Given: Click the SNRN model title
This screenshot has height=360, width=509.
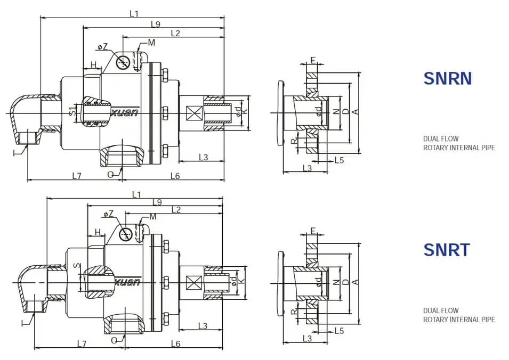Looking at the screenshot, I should [447, 78].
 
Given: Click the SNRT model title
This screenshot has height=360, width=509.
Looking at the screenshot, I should [446, 249].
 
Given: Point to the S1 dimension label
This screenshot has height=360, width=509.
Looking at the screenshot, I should [72, 112].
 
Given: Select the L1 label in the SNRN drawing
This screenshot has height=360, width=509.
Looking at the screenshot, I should [134, 13].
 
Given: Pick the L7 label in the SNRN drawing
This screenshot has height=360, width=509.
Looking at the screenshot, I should [77, 175].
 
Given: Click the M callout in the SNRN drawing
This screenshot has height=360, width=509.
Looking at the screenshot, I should [151, 43].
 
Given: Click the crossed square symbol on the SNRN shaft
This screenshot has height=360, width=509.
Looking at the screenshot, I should [192, 113].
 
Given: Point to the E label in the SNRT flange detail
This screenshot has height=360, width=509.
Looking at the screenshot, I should [313, 231].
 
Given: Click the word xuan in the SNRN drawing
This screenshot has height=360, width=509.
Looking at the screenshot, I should [126, 112].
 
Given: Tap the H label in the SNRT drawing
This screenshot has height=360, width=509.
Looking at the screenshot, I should [98, 232].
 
